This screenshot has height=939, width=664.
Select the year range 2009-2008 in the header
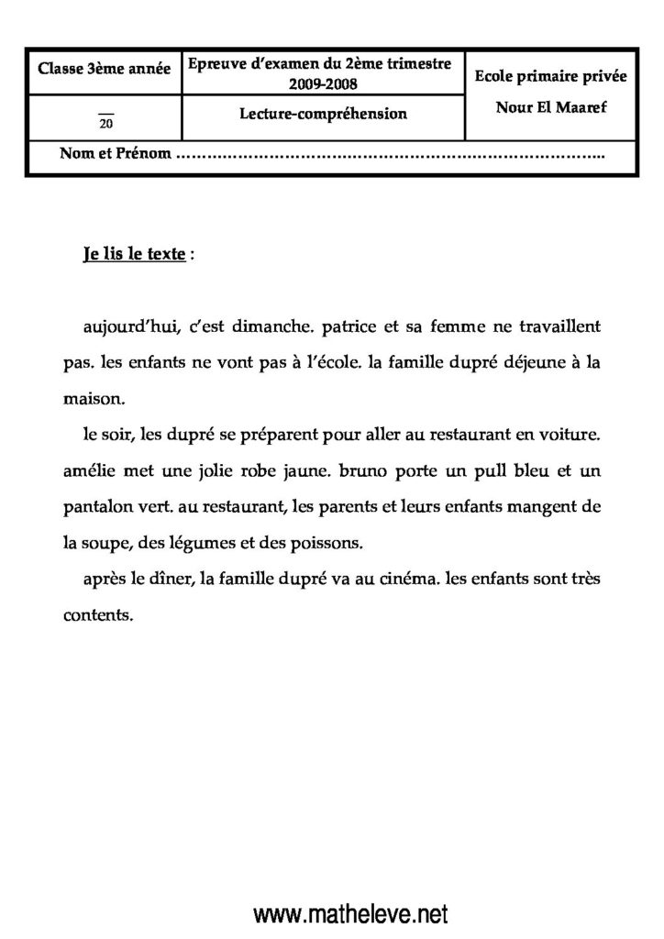click(x=320, y=84)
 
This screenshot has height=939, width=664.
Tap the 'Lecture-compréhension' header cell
click(x=320, y=115)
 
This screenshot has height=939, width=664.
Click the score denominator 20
click(x=105, y=124)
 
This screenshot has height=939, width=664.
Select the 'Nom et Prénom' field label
click(x=116, y=154)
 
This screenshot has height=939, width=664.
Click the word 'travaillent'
click(x=553, y=326)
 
